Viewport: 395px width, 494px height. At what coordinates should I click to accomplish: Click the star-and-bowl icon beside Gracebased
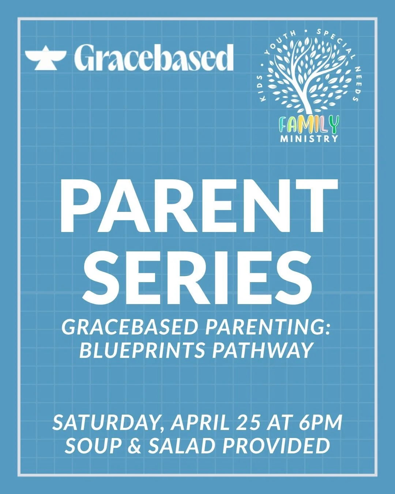pos(45,57)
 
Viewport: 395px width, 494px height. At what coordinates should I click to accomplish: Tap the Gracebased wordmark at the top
pos(154,57)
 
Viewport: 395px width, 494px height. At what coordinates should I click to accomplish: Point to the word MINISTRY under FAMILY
pos(309,139)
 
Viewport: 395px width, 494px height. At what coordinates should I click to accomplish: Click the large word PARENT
pos(198,207)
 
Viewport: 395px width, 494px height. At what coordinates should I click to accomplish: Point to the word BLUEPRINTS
pos(142,350)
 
